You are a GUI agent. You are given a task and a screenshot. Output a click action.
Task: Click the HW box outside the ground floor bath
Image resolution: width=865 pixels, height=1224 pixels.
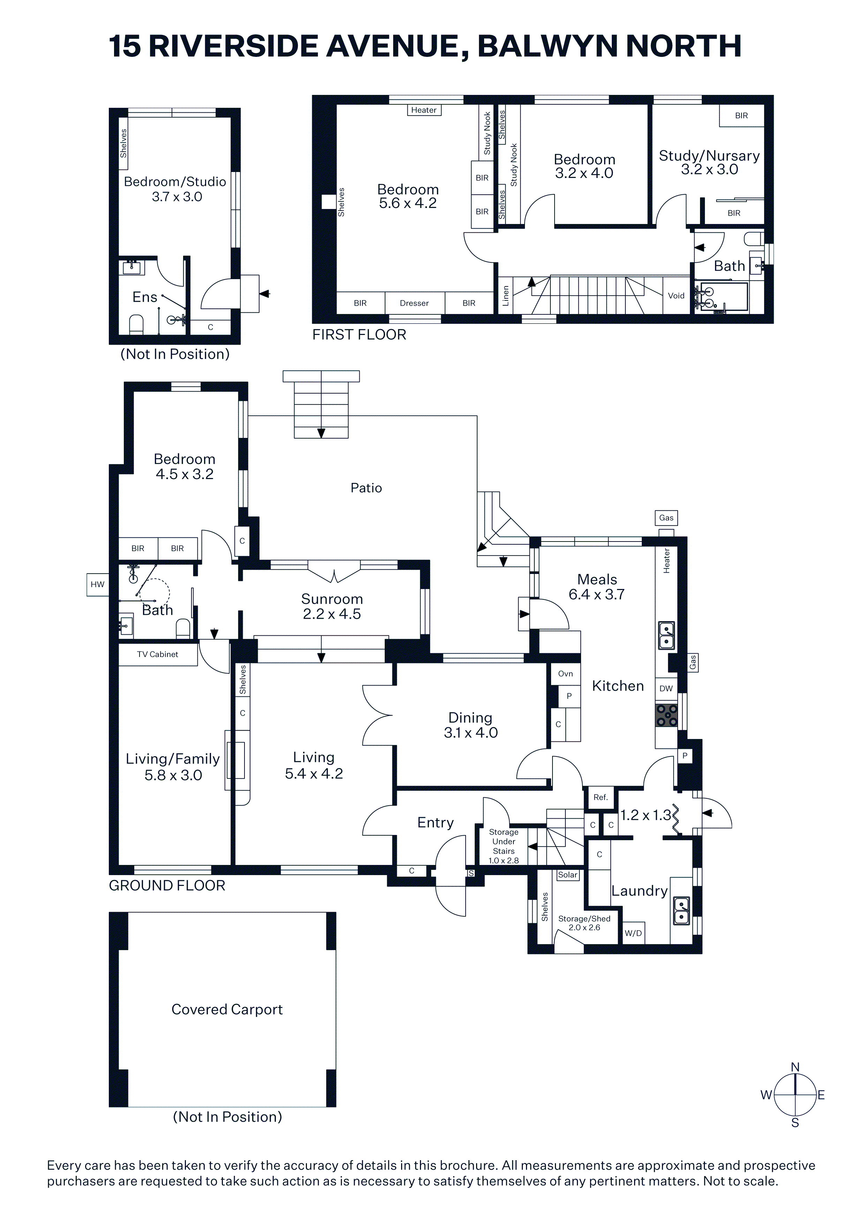coord(98,584)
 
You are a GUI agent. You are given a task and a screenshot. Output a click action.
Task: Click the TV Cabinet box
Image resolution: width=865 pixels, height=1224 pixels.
coord(158,655)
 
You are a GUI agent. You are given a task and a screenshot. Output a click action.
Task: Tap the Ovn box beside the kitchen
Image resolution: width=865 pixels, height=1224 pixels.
coord(565,674)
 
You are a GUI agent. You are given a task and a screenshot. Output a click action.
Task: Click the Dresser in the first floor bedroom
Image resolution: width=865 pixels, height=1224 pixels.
coord(414,303)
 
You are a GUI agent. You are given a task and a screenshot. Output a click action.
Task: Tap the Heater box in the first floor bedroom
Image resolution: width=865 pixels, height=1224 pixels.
coord(424,110)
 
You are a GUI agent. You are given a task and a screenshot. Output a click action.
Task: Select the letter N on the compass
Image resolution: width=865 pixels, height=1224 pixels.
coord(795,1067)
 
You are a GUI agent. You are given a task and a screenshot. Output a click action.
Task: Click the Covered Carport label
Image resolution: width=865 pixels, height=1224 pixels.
coord(227,1010)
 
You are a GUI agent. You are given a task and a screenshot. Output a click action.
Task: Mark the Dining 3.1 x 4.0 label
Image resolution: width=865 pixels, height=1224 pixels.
coord(471,725)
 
